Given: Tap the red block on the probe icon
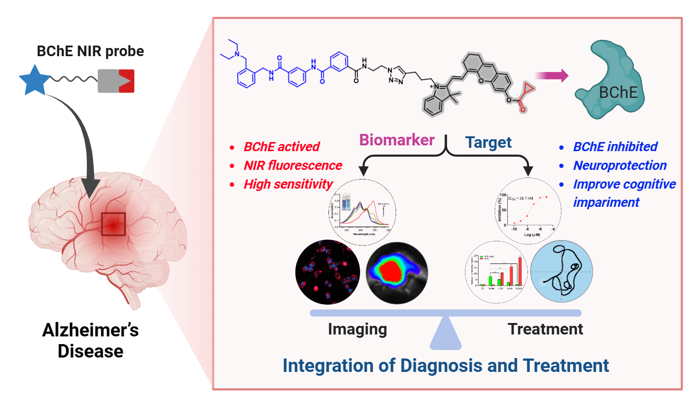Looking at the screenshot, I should (127, 81).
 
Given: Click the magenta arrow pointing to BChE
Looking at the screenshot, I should (551, 75).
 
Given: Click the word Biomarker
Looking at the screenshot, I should (397, 140).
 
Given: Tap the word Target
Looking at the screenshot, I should (488, 143).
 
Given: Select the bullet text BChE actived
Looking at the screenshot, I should (281, 147).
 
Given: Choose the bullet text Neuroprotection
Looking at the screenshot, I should (620, 166).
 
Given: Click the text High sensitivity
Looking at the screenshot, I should (288, 184).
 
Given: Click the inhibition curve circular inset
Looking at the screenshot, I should (528, 211).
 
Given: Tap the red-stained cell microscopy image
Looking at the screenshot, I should (328, 272).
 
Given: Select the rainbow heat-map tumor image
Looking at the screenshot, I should (397, 272).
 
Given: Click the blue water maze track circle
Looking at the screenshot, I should (562, 272).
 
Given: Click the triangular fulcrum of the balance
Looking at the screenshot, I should (446, 334).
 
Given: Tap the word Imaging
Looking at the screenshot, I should (357, 329).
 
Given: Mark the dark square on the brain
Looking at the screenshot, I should (113, 224).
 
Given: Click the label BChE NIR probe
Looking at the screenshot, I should (90, 51).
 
